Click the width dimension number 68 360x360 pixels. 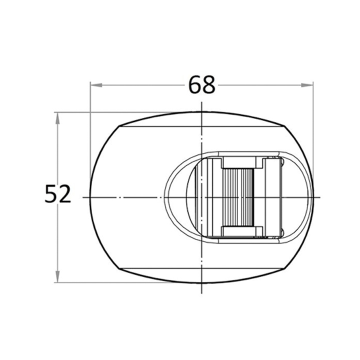[201, 85]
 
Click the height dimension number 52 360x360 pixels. [58, 194]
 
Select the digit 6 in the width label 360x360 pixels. [194, 85]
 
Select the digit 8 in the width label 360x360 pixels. [208, 85]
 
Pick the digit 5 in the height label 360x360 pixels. [50, 194]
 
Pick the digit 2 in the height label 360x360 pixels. [65, 194]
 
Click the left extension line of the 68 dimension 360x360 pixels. [90, 130]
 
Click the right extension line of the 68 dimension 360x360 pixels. [313, 130]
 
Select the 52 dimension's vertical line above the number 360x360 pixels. [57, 150]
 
